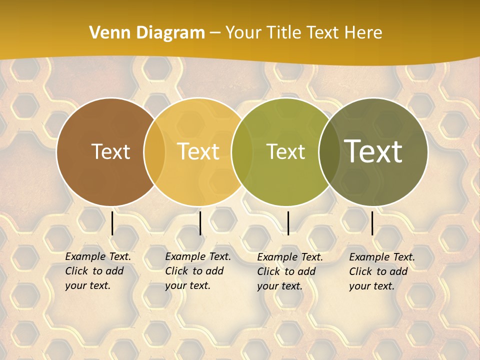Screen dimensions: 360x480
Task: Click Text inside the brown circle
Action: pyautogui.click(x=110, y=151)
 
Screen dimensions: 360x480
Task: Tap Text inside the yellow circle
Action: pyautogui.click(x=198, y=151)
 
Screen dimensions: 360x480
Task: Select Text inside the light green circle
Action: pyautogui.click(x=285, y=151)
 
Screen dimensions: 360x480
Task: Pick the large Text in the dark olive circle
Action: pyautogui.click(x=373, y=151)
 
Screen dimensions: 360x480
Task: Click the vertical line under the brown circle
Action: pyautogui.click(x=112, y=223)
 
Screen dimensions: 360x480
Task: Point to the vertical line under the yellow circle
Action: pyautogui.click(x=200, y=223)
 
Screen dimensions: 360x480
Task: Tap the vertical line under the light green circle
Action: pyautogui.click(x=288, y=223)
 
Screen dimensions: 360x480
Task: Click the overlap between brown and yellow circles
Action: pyautogui.click(x=154, y=151)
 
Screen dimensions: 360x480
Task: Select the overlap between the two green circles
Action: pyautogui.click(x=328, y=151)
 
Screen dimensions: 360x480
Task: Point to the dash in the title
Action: pyautogui.click(x=215, y=33)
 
